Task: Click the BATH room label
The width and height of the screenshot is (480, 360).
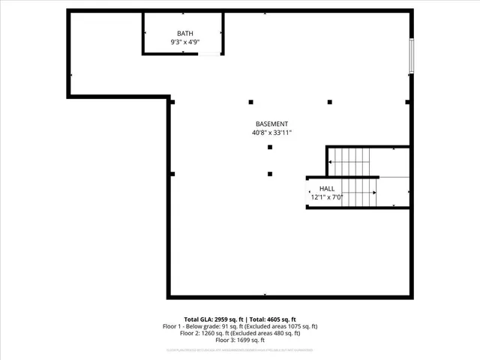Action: point(184,34)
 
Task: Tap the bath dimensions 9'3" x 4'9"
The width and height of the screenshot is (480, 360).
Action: point(184,43)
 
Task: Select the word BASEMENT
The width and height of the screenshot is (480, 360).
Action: point(271,124)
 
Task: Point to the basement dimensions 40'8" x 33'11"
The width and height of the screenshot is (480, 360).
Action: point(271,133)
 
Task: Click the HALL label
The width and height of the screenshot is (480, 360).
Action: point(327,188)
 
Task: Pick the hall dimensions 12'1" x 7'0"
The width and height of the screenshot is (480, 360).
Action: point(327,197)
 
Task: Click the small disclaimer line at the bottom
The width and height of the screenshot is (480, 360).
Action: point(240,350)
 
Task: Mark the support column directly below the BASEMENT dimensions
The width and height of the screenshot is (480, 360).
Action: point(270,147)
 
